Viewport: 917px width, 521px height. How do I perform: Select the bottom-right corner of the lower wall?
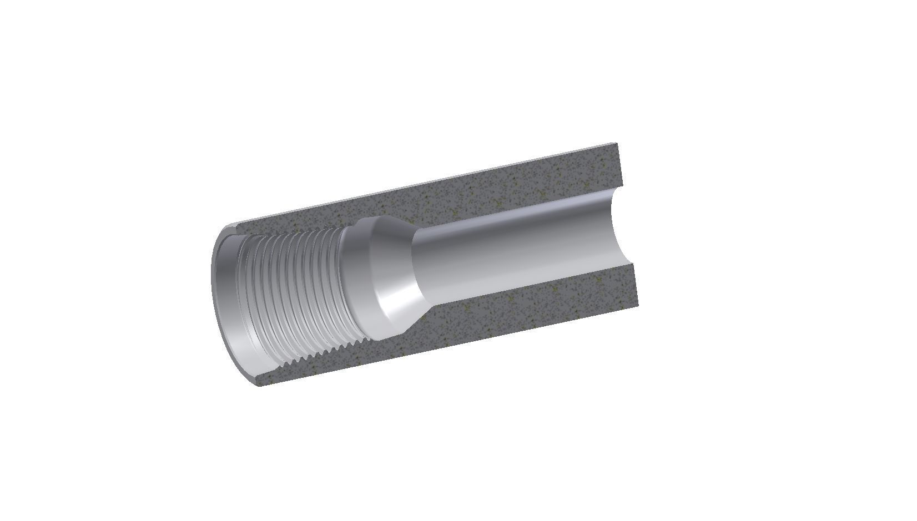pos(639,306)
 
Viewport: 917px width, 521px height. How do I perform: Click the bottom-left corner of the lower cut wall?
pos(261,386)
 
